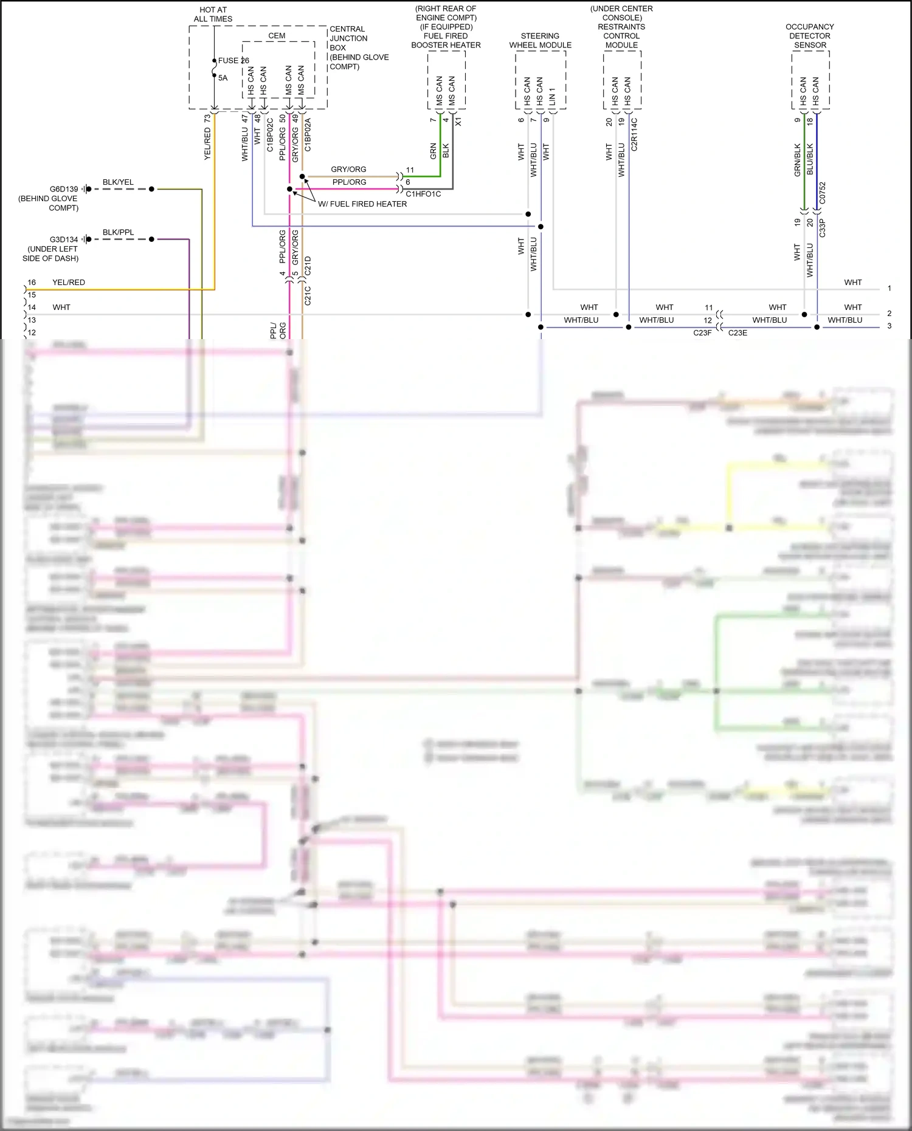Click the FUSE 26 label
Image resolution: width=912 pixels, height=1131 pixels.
tap(233, 60)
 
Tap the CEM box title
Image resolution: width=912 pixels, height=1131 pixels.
tap(277, 36)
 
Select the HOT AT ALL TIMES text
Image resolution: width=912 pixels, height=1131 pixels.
tap(213, 15)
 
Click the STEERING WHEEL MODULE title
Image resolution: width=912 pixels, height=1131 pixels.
tap(540, 41)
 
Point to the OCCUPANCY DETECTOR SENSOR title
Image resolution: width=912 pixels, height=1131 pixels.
tap(810, 36)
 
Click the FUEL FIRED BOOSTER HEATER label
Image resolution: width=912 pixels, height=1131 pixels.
tap(446, 41)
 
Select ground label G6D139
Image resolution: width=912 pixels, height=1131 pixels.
tap(64, 189)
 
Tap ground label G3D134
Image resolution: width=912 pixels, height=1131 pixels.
tap(64, 239)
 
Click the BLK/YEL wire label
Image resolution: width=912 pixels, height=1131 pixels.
tap(118, 182)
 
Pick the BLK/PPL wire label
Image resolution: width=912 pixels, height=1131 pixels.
tap(118, 232)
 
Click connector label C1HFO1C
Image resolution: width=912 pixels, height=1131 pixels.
tap(423, 194)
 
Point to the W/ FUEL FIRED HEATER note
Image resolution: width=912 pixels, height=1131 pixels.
tap(362, 204)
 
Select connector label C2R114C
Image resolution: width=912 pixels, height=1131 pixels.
tap(634, 134)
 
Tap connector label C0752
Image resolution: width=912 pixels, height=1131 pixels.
tap(822, 193)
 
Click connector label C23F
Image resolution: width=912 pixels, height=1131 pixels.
tap(702, 333)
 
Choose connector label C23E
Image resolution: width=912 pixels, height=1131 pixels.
tap(738, 333)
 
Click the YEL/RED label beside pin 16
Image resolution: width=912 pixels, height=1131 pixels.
tap(69, 283)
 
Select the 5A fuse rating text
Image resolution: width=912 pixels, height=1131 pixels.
tap(223, 78)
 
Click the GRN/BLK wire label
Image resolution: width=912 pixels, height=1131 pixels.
tap(797, 160)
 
